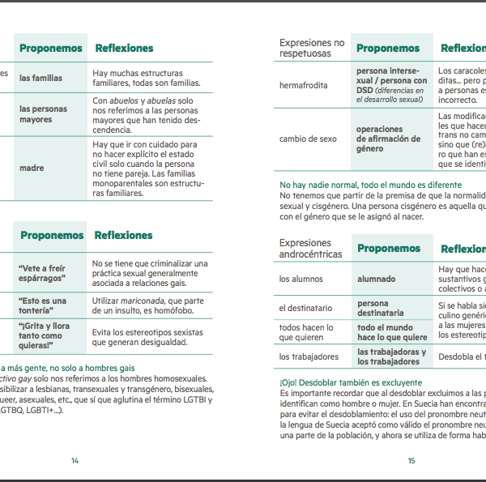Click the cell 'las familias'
pyautogui.click(x=40, y=79)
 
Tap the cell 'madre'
pyautogui.click(x=32, y=168)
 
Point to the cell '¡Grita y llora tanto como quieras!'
pyautogui.click(x=41, y=335)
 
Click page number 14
pyautogui.click(x=75, y=461)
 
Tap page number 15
pyautogui.click(x=411, y=461)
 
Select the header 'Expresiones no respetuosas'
pyautogui.click(x=312, y=48)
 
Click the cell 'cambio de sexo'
pyautogui.click(x=308, y=139)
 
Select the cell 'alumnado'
pyautogui.click(x=376, y=279)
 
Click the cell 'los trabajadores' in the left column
pyautogui.click(x=309, y=356)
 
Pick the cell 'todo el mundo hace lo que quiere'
pyautogui.click(x=392, y=332)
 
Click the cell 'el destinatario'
pyautogui.click(x=306, y=308)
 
